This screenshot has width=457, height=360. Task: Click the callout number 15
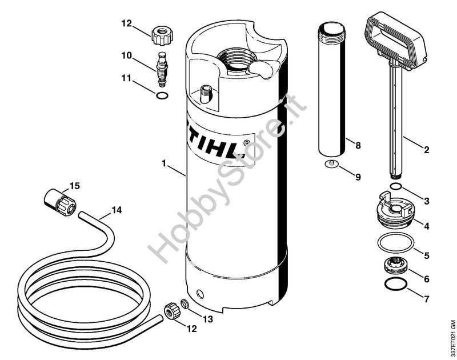(75, 186)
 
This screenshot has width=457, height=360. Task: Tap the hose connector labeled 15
(60, 201)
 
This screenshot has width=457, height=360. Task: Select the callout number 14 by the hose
(117, 210)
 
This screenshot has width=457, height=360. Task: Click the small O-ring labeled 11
(162, 95)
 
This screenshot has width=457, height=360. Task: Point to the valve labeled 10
(162, 69)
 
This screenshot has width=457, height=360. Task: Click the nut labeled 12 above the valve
(162, 35)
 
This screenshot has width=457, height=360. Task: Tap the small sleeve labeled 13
(185, 304)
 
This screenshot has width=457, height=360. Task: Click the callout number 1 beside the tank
(164, 163)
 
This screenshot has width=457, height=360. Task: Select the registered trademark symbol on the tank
(246, 143)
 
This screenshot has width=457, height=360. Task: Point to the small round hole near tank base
(201, 294)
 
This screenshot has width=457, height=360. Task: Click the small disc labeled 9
(331, 163)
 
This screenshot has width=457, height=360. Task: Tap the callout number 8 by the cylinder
(358, 145)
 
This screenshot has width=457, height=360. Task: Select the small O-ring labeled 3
(396, 186)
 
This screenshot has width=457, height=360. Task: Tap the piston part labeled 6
(395, 265)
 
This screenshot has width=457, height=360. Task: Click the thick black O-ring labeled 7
(395, 284)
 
